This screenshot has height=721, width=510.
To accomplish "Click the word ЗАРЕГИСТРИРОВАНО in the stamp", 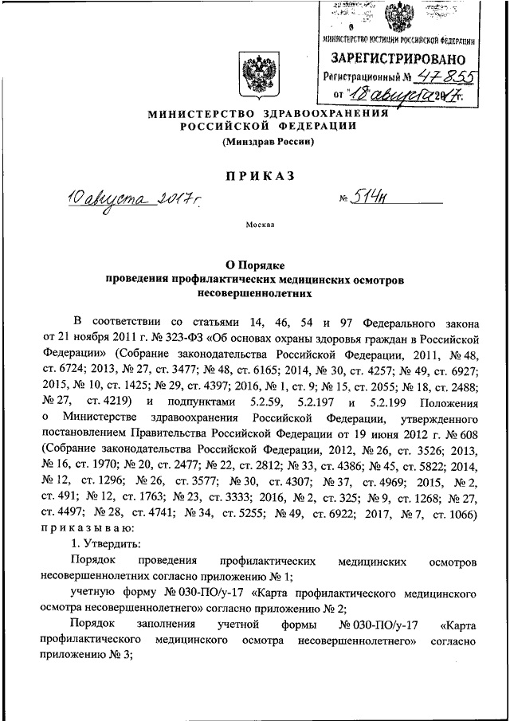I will tap(398, 57).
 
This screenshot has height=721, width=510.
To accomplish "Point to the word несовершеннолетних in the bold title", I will tap(256, 293).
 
